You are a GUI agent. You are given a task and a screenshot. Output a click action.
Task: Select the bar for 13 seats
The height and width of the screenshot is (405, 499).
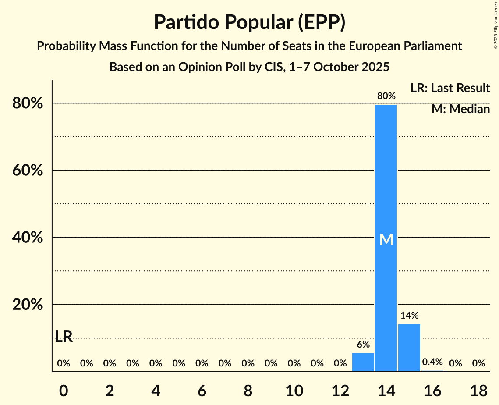[x=363, y=362]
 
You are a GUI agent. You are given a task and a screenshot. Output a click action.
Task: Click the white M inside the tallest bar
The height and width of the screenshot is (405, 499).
[x=386, y=239]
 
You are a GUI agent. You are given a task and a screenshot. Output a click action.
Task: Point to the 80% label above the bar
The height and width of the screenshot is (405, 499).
[x=386, y=96]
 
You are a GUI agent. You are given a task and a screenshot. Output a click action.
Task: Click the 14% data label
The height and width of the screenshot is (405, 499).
[x=409, y=315]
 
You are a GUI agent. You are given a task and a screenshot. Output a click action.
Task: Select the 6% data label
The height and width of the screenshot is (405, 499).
[x=363, y=345]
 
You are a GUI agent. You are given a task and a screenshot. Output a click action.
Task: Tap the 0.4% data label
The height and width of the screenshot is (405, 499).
[x=432, y=362]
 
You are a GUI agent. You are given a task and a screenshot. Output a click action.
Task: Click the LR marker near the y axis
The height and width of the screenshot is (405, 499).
[x=64, y=337]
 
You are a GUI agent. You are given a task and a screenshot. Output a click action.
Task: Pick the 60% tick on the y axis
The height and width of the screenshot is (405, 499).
[x=27, y=171]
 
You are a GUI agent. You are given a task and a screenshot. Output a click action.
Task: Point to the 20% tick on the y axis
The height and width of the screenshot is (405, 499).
[x=27, y=305]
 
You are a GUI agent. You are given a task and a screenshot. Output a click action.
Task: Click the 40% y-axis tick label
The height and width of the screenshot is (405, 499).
[x=27, y=238]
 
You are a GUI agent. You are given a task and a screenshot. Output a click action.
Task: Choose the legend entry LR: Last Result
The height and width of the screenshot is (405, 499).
[x=450, y=88]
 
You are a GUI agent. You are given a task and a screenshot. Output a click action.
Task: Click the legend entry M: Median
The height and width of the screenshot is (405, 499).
[x=460, y=109]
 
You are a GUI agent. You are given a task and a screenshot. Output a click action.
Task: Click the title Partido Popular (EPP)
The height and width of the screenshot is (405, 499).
[x=249, y=22]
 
